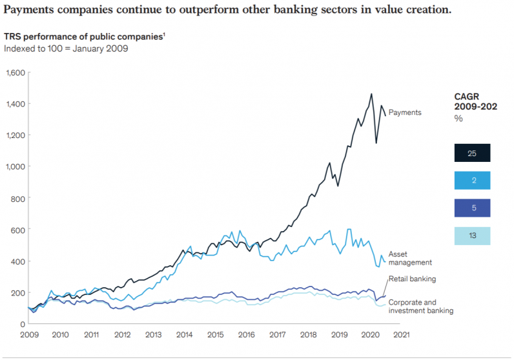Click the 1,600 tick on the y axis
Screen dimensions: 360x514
click(x=14, y=72)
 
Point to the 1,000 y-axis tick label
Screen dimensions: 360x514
click(x=14, y=166)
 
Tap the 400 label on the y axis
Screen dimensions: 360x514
click(x=17, y=261)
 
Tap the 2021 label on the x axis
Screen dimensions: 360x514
click(x=400, y=335)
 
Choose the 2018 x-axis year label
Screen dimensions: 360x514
click(x=307, y=335)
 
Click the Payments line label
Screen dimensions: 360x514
click(x=404, y=112)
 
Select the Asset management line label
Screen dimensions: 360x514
click(x=410, y=258)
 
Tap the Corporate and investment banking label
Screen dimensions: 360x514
click(x=420, y=306)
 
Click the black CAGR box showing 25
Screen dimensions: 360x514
click(x=472, y=153)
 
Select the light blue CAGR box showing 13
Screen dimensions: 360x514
click(x=472, y=236)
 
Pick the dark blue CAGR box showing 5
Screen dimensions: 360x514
click(x=472, y=208)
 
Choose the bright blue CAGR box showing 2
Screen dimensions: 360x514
click(x=472, y=181)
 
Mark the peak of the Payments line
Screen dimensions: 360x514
click(x=371, y=94)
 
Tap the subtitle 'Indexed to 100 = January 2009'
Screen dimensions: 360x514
click(x=66, y=48)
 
